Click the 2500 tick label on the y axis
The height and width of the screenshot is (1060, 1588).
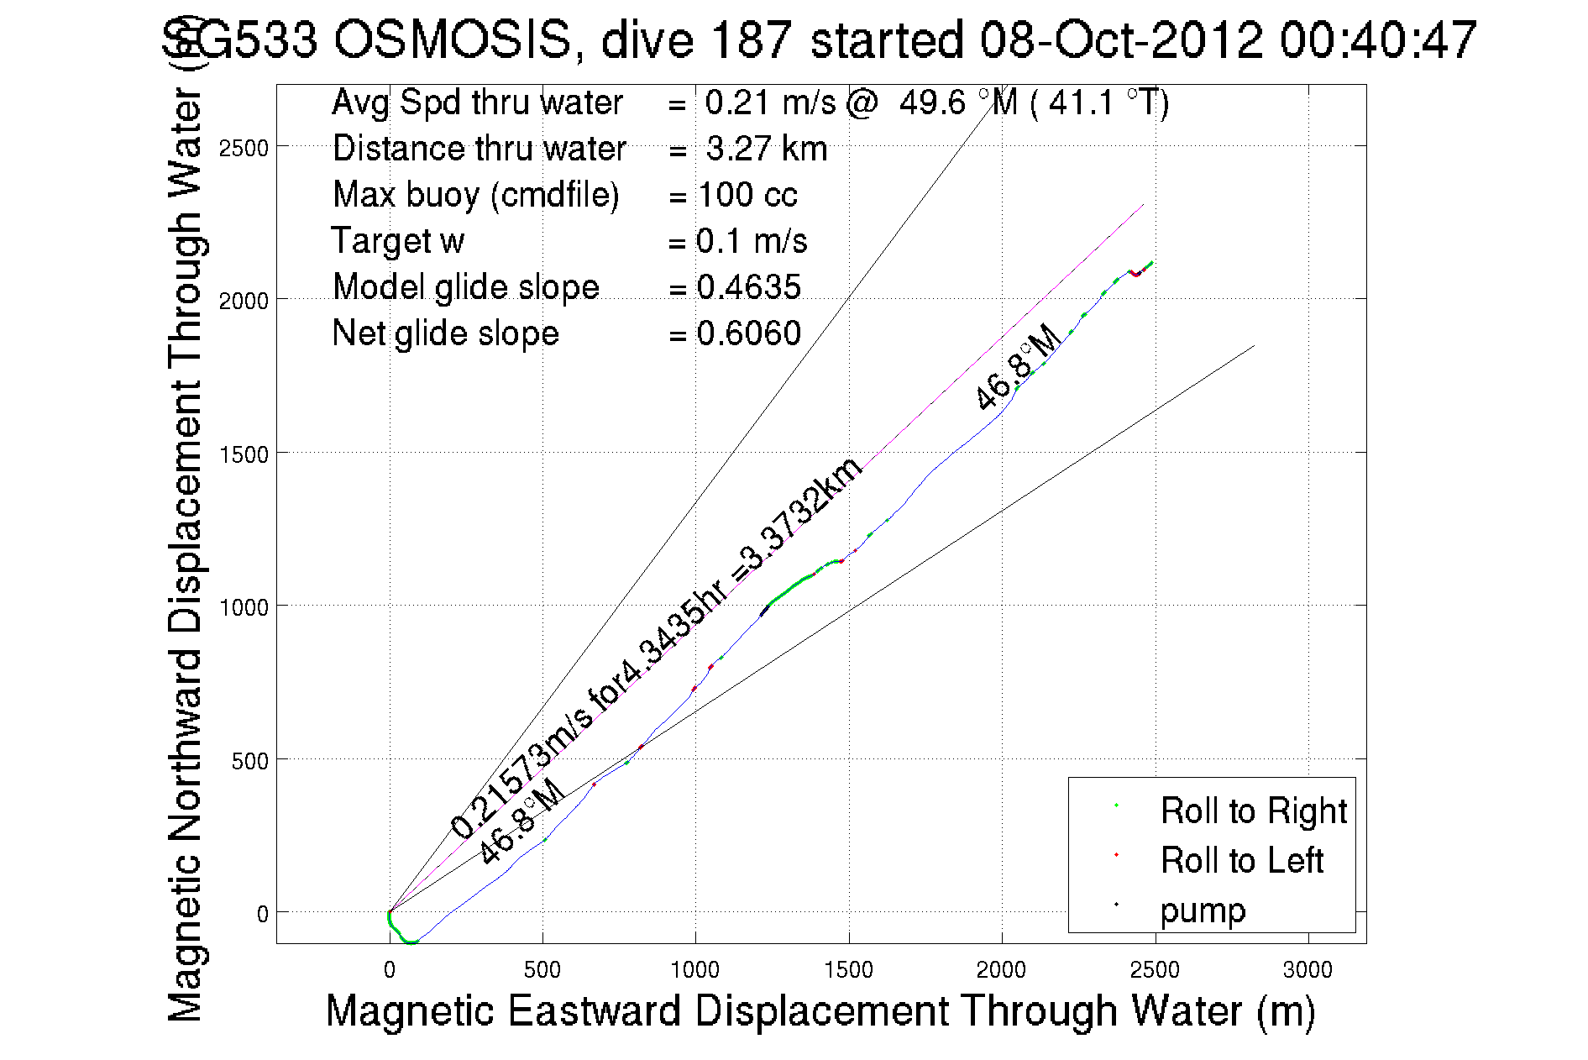[x=243, y=149]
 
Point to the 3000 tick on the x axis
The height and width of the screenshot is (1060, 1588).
[x=1308, y=970]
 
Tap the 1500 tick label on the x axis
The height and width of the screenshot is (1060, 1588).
[x=848, y=970]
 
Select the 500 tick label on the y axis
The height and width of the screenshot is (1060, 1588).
[x=249, y=761]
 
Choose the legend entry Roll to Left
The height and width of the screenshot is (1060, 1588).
[x=1241, y=860]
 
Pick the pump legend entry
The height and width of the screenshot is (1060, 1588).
[x=1203, y=910]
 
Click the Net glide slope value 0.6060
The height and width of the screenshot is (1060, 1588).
[x=748, y=333]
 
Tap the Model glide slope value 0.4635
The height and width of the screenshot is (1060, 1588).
[x=748, y=287]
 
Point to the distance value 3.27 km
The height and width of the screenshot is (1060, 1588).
[x=766, y=149]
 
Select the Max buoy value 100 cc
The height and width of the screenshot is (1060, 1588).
[x=747, y=195]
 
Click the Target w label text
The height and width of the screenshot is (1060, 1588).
[x=397, y=241]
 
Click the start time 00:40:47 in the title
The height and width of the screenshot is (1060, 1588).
[x=1377, y=39]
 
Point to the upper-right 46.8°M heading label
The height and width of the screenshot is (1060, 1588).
[x=1017, y=368]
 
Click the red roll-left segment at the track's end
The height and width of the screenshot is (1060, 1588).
[x=1136, y=273]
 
